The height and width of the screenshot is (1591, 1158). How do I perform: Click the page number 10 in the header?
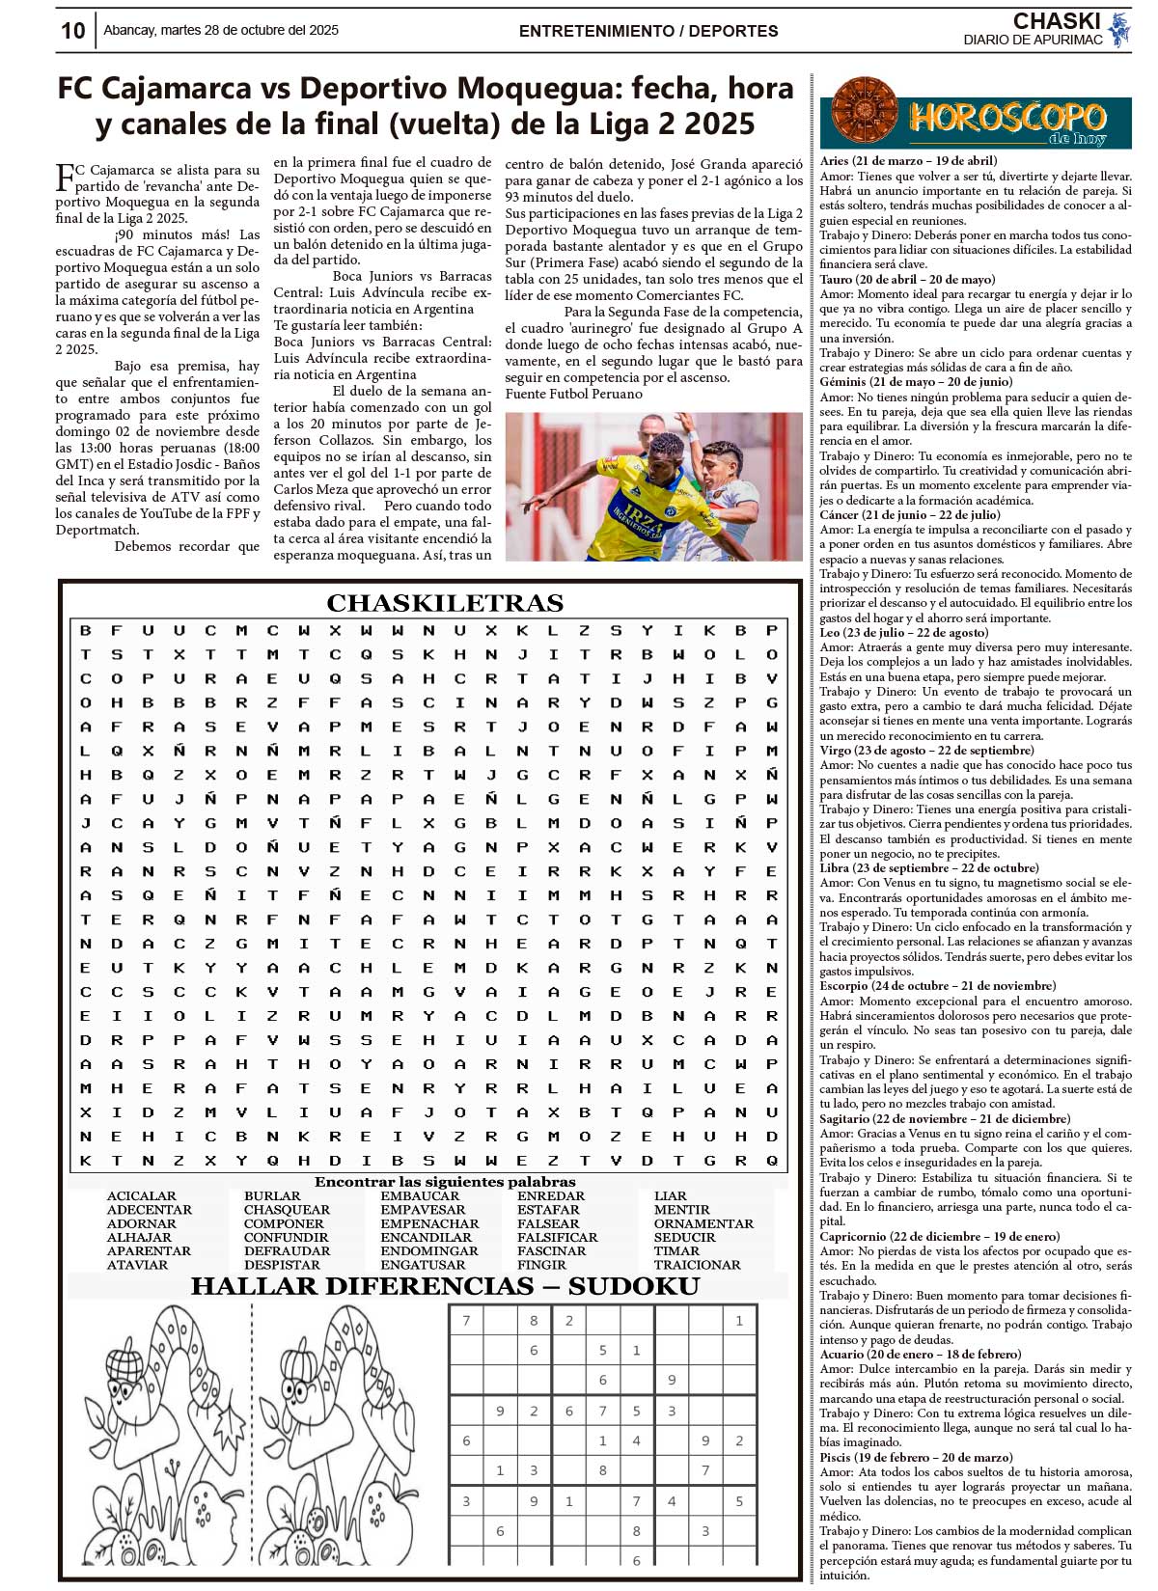click(x=73, y=31)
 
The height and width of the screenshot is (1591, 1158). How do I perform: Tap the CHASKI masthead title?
click(x=1057, y=21)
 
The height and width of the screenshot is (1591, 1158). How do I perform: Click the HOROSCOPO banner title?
click(x=1006, y=119)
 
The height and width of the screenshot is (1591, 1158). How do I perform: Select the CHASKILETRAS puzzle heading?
click(x=445, y=603)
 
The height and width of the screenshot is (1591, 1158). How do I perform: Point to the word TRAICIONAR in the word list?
click(x=697, y=1265)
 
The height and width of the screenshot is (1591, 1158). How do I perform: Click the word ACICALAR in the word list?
click(x=142, y=1196)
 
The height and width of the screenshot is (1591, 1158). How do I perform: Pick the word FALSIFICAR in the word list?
click(x=557, y=1237)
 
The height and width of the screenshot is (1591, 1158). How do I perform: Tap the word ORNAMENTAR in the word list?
click(x=703, y=1223)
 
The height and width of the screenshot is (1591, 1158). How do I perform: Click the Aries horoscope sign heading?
click(x=908, y=161)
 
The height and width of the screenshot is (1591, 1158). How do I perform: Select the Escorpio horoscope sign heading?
click(x=937, y=986)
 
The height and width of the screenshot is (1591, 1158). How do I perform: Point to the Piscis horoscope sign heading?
click(x=916, y=1458)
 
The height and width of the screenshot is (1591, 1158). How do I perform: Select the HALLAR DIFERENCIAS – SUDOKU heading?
click(x=445, y=1286)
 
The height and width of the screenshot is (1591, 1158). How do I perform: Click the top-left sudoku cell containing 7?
click(x=467, y=1322)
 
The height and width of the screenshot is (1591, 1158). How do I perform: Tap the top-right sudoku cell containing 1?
click(x=739, y=1322)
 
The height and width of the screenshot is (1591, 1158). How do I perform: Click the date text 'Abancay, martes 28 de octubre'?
click(x=221, y=31)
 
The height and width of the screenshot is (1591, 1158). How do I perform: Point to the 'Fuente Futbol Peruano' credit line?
click(x=573, y=394)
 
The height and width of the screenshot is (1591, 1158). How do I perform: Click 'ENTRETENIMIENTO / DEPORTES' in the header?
click(x=648, y=31)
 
